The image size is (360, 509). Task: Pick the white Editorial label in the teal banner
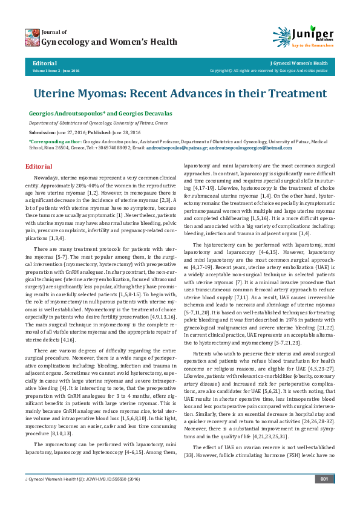pos(45,63)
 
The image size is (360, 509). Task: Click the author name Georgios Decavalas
pos(128,114)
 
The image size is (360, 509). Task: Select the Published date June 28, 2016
pos(124,131)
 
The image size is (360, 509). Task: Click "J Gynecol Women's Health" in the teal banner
pos(299,63)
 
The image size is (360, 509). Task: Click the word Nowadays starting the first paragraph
pos(46,178)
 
